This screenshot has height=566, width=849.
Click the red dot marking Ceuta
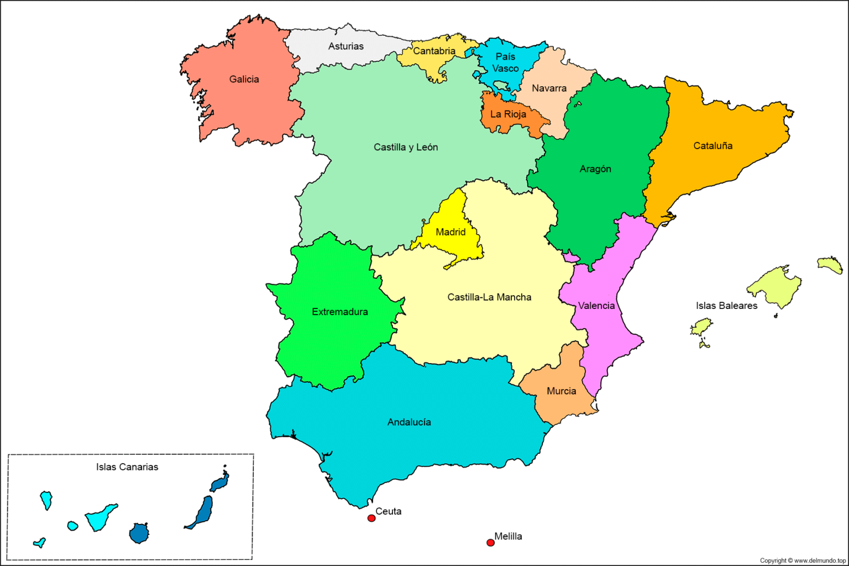pos(371,518)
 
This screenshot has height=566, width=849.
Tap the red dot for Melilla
pos(490,542)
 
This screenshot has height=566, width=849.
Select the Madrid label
pos(450,232)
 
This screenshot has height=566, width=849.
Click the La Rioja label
pos(508,114)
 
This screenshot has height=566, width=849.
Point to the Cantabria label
pos(434,51)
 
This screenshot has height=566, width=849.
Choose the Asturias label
pos(346,46)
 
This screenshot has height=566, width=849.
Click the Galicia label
pos(244,80)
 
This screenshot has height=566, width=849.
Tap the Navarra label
pos(549,88)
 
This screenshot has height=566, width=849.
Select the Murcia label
pos(561,391)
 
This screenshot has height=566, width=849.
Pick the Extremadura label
pos(340,312)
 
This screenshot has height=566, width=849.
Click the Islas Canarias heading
pos(127,467)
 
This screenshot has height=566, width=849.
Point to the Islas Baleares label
pos(726,306)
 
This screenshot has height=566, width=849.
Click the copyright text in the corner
pos(803,560)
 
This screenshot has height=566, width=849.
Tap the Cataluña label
pos(713,146)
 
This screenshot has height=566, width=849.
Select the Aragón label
pos(595,169)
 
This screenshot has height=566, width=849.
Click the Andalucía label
pos(409,422)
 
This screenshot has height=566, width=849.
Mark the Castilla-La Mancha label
pos(489,297)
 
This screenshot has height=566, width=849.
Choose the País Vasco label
pos(505,62)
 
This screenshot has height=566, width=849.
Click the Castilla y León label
pos(406,148)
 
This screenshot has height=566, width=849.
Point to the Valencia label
pos(596,306)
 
